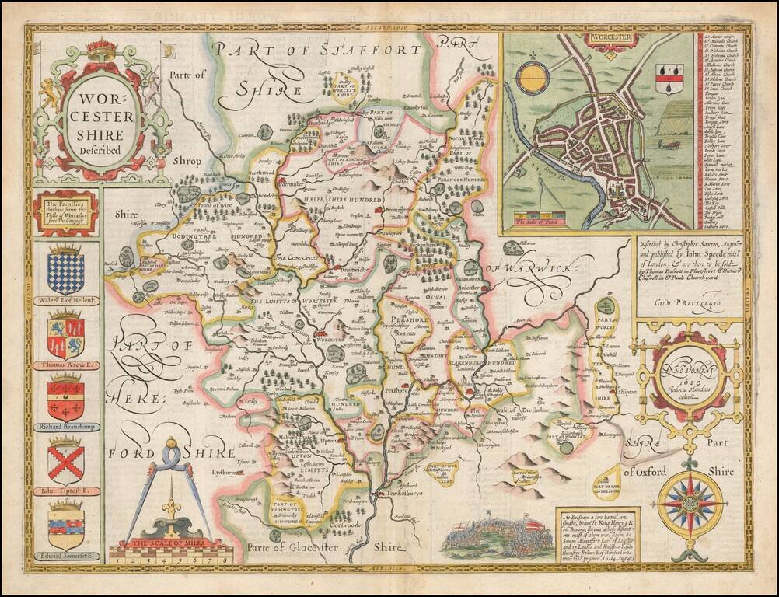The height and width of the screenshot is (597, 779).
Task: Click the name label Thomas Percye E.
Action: [66, 365]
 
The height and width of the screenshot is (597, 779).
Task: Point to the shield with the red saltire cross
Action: [65, 462]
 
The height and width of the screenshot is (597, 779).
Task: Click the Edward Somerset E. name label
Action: [66, 556]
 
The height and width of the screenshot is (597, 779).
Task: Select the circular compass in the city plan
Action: [533, 79]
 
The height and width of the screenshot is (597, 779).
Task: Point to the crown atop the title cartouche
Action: [100, 49]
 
